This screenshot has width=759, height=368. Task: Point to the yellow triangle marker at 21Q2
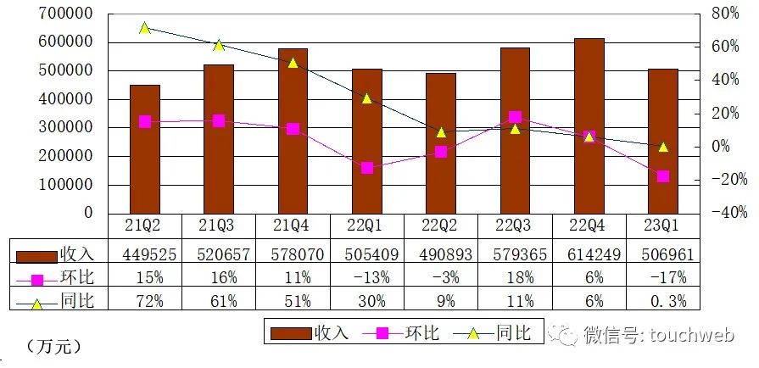pyautogui.click(x=144, y=28)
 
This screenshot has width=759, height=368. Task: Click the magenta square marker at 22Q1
pyautogui.click(x=367, y=168)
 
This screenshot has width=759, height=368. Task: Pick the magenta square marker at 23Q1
pyautogui.click(x=663, y=176)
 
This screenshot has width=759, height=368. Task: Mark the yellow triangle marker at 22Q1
pyautogui.click(x=367, y=98)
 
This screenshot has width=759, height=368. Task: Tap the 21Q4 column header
pyautogui.click(x=293, y=226)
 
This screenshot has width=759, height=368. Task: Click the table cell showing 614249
pyautogui.click(x=589, y=254)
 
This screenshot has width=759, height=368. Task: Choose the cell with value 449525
pyautogui.click(x=144, y=254)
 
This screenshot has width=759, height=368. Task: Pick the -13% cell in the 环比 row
pyautogui.click(x=367, y=276)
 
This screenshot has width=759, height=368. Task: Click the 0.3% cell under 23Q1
pyautogui.click(x=663, y=299)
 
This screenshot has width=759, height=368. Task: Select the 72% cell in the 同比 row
pyautogui.click(x=144, y=299)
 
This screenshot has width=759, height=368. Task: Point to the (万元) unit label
pyautogui.click(x=53, y=346)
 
